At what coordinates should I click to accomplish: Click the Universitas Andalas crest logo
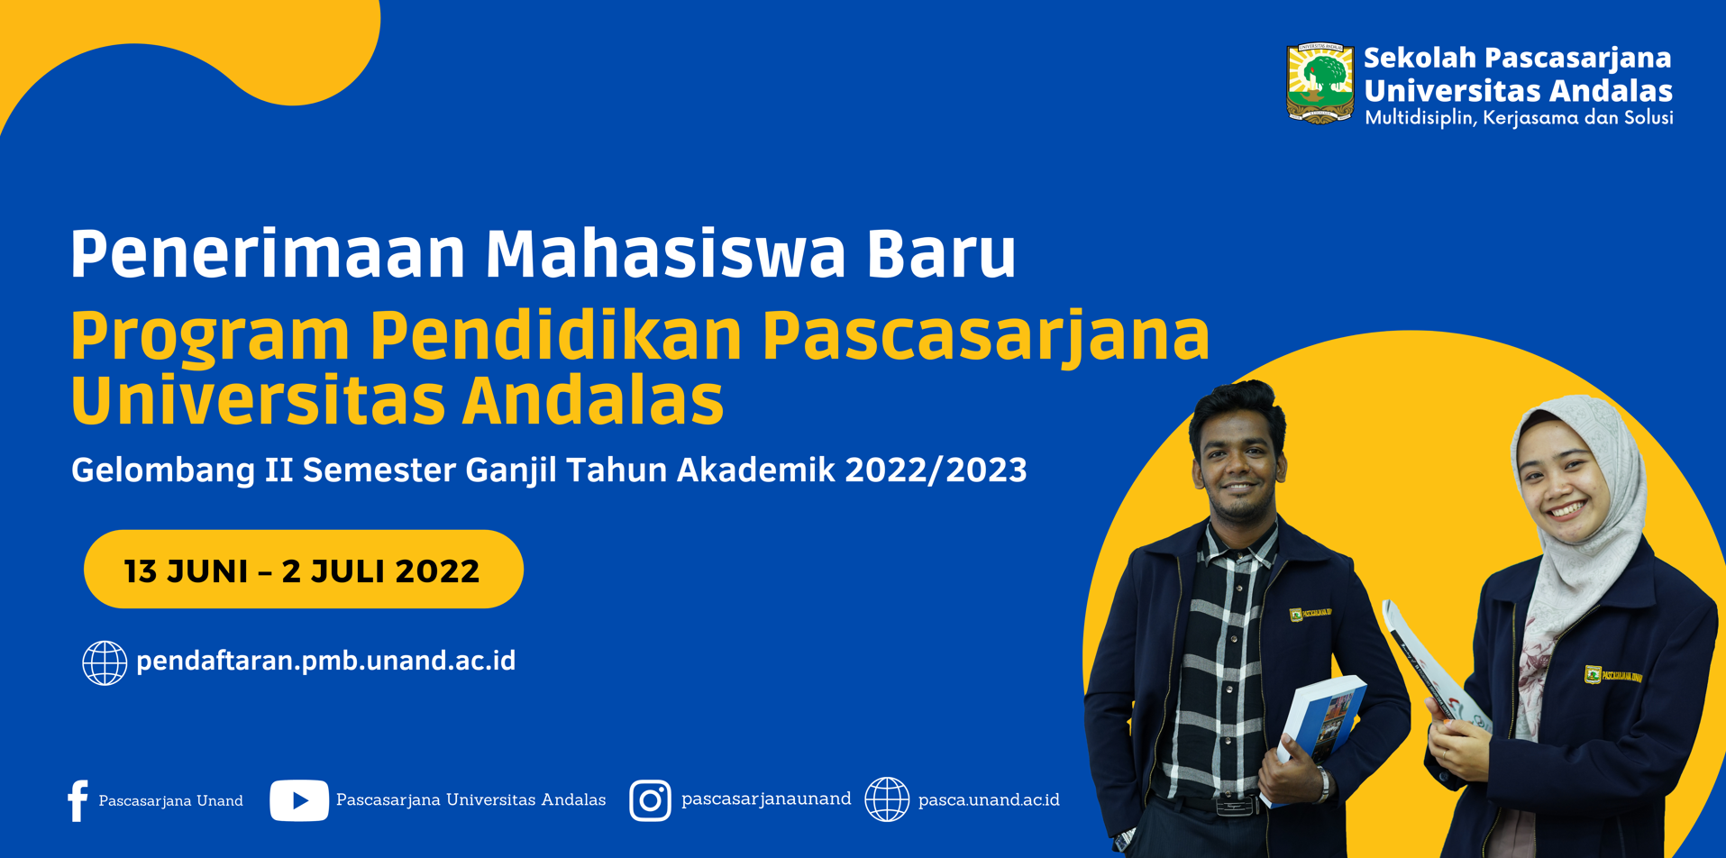pos(1320,83)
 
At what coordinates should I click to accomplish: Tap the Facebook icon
pos(78,800)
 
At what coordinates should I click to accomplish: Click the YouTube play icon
pos(299,800)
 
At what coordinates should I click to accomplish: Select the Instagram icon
pos(650,800)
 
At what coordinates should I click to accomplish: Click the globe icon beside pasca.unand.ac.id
pos(887,799)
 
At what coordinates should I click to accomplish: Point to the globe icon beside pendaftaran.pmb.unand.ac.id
pos(105,663)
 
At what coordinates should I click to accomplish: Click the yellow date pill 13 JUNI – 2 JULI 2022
pos(304,569)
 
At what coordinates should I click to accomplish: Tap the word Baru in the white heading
pos(942,253)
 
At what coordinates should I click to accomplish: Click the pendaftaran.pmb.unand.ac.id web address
pos(325,662)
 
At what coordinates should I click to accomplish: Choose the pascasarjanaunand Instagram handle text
pos(766,799)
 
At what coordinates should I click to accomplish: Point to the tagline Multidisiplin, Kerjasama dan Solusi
pos(1519,118)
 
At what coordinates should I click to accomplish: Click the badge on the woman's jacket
pos(1612,675)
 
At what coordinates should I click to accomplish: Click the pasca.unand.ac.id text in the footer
pos(989,800)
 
